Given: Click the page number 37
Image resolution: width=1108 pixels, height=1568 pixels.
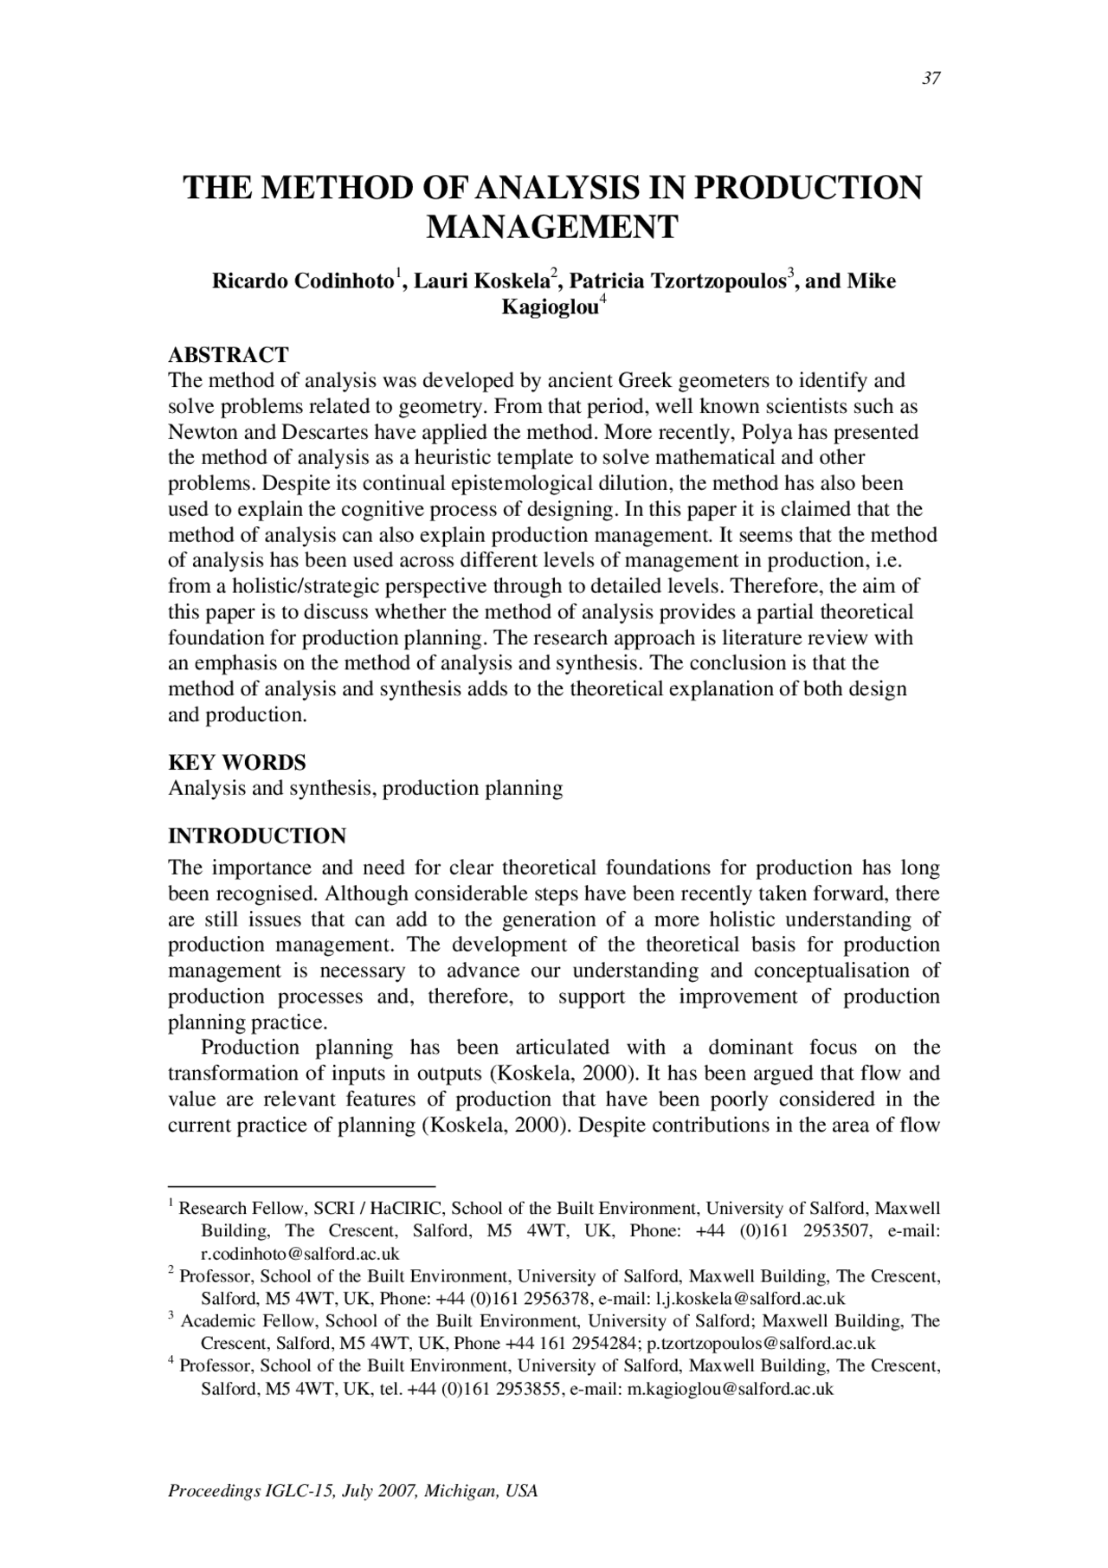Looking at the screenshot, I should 931,79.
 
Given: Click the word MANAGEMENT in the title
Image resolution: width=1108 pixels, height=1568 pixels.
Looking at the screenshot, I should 553,227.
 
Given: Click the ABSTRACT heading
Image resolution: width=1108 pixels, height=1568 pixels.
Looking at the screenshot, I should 228,355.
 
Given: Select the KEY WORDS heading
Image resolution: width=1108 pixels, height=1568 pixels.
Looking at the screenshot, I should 236,763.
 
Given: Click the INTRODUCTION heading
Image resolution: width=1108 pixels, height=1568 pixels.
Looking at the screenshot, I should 256,836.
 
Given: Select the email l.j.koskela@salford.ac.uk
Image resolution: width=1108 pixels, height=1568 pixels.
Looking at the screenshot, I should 750,1298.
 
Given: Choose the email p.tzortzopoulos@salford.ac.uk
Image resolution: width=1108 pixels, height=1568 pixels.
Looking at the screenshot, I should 761,1343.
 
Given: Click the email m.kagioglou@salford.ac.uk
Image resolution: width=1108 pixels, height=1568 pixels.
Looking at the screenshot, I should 730,1388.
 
